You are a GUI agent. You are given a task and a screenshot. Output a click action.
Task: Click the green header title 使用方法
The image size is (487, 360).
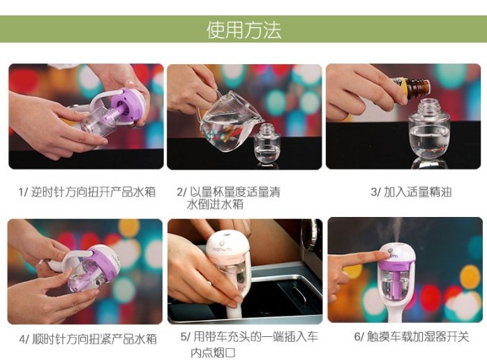pyautogui.click(x=244, y=30)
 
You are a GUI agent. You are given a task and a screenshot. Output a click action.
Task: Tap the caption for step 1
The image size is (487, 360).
pyautogui.click(x=87, y=192)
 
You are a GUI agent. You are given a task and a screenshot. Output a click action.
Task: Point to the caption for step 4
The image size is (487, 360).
pyautogui.click(x=88, y=339)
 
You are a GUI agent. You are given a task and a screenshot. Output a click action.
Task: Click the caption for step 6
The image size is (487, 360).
pyautogui.click(x=411, y=336)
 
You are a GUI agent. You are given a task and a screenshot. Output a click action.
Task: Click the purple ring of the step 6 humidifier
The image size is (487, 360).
pyautogui.click(x=397, y=267)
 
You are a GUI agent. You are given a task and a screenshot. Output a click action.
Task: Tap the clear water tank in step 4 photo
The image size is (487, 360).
pyautogui.click(x=84, y=274)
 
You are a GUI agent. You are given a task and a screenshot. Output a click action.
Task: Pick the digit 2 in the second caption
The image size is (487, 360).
pyautogui.click(x=180, y=192)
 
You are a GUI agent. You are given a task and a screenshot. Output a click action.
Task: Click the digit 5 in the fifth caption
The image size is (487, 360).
pyautogui.click(x=183, y=336)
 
